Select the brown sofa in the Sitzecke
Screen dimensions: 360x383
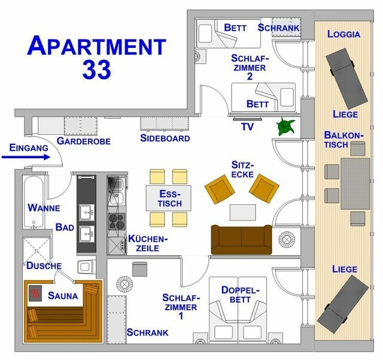click(x=241, y=238)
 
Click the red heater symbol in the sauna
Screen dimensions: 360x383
click(x=35, y=294)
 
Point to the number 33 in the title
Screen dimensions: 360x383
click(x=95, y=69)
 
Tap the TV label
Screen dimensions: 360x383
click(x=247, y=127)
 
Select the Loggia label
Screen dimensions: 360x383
click(x=344, y=34)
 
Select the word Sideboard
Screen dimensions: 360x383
click(x=165, y=138)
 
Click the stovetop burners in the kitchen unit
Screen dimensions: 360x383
click(x=115, y=219)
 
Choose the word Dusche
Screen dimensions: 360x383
click(x=44, y=265)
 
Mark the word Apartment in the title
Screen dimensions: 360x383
click(x=96, y=46)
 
